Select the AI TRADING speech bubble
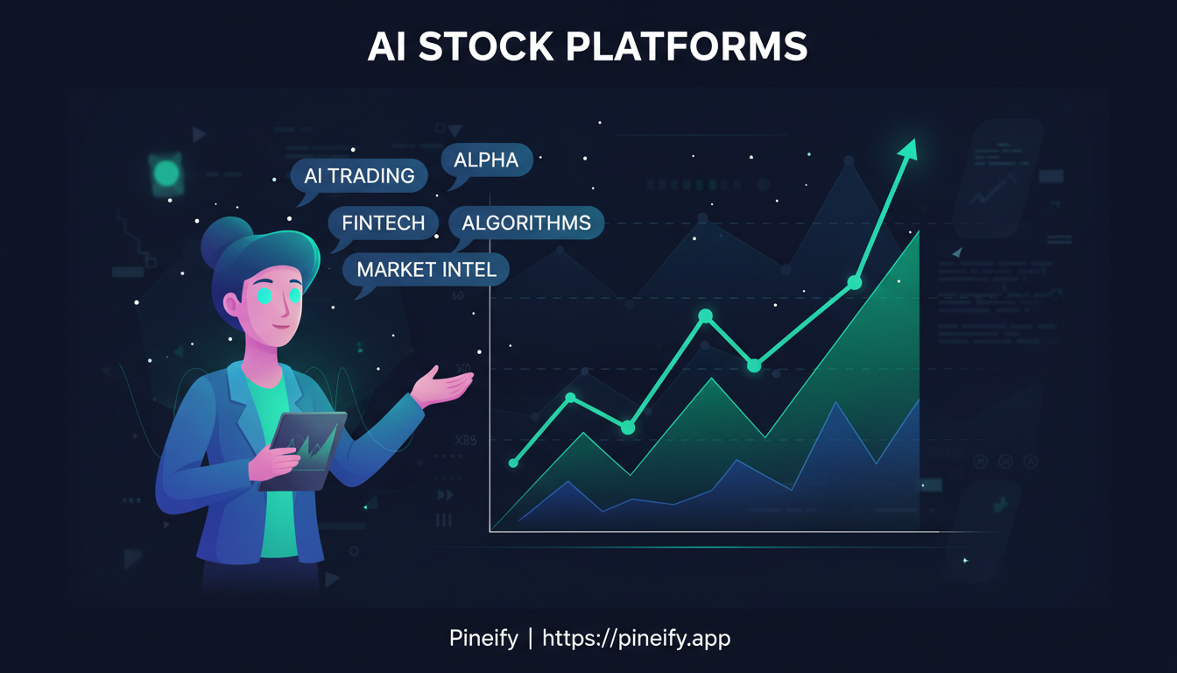coord(359,176)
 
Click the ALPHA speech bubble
coord(486,160)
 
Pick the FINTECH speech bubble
coord(383,223)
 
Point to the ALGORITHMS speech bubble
coord(525,223)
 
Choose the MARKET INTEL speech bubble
coord(426,270)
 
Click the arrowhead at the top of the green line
coord(909,148)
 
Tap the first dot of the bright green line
coord(514,463)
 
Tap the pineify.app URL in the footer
coord(637,638)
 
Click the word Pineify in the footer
coord(482,638)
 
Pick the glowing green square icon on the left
coord(166,174)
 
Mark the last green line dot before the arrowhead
coord(855,282)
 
